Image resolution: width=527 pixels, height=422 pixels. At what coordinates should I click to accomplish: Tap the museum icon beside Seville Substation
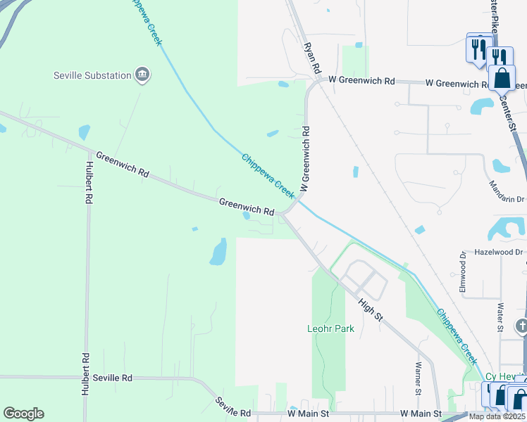(142, 75)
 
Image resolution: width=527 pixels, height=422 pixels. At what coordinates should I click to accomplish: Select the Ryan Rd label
(312, 58)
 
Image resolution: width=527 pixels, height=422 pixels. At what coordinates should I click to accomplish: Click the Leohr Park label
(330, 328)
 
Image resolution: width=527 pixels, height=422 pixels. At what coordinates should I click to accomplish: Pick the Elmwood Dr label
(463, 273)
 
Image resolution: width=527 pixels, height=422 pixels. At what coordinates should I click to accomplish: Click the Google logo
(23, 414)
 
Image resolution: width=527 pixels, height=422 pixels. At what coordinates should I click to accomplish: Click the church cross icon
(521, 326)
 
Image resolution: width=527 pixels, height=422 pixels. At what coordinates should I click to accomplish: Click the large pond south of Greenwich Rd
(218, 251)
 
